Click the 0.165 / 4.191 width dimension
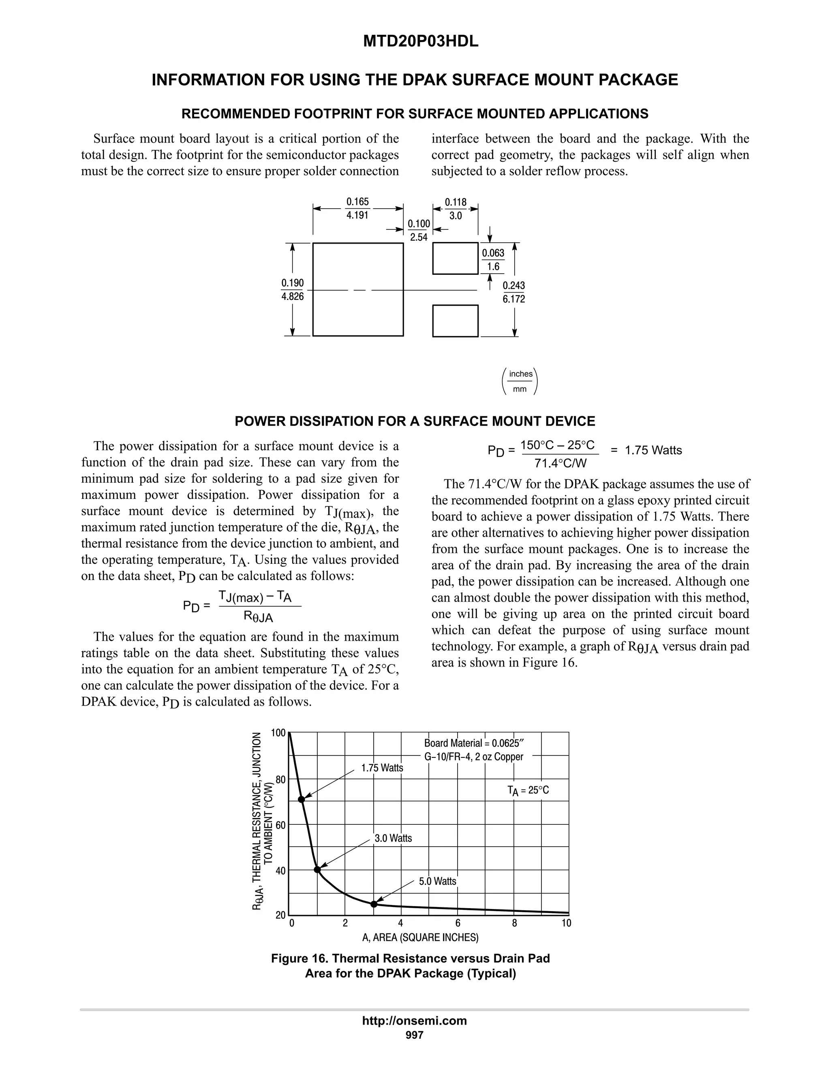[x=357, y=208]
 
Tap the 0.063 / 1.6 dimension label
[x=493, y=260]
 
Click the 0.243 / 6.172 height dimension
[x=513, y=292]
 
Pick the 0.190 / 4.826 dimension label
[x=293, y=290]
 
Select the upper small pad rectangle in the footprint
[x=455, y=258]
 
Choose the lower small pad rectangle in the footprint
[x=455, y=321]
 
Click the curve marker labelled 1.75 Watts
[x=302, y=800]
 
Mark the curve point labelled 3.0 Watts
[x=317, y=870]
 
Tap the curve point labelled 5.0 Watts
[x=374, y=904]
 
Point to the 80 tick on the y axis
[x=280, y=779]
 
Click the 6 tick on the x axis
[x=458, y=923]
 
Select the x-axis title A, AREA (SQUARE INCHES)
[x=420, y=938]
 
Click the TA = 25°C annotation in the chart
[x=528, y=791]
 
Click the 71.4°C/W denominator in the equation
[x=560, y=463]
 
